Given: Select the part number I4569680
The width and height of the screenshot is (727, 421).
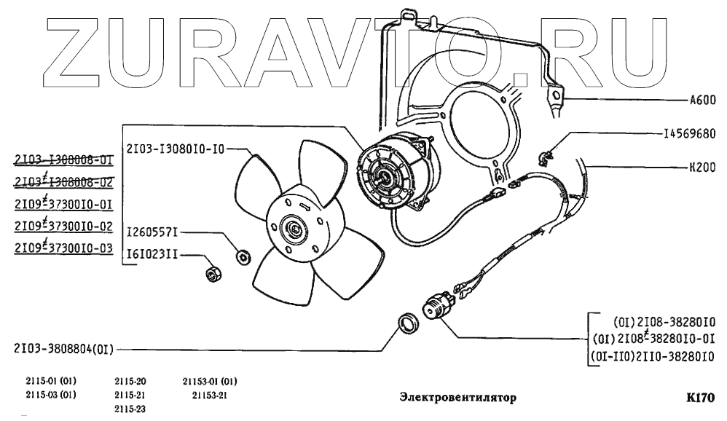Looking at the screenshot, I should [x=689, y=134].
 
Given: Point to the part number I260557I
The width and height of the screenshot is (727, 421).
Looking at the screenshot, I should [x=152, y=232].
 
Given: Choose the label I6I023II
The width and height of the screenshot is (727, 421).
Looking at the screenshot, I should [x=152, y=255].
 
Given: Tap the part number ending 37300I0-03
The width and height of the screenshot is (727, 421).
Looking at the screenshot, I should [x=62, y=248].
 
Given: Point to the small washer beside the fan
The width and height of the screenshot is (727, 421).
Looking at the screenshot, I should [x=244, y=256].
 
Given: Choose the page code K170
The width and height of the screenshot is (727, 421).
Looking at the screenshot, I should [x=702, y=398].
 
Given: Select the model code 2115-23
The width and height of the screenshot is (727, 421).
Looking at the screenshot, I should [x=130, y=409].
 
